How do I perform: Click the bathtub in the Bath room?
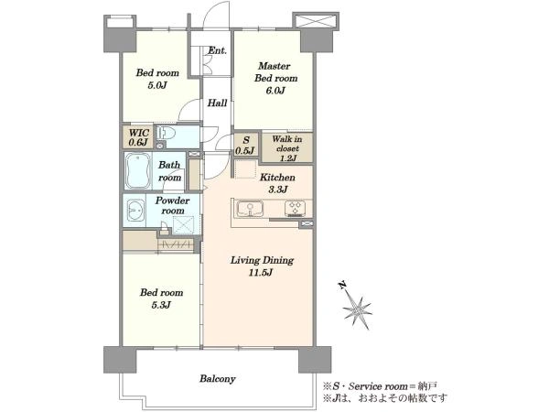point(138,171)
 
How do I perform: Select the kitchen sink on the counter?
point(250,209)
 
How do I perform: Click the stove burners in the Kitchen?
point(295,209)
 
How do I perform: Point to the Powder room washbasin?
point(135,211)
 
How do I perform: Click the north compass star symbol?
point(357,310)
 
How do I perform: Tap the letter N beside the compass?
point(342,285)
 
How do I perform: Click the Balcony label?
point(218,379)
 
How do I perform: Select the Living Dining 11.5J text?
point(262,266)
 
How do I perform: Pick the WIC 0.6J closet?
point(139,137)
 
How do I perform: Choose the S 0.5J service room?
point(246,145)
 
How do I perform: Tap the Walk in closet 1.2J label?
point(287,148)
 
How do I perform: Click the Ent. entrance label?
point(217,50)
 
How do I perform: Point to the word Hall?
point(217,103)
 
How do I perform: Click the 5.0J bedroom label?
point(156,79)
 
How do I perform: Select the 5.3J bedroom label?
point(161,298)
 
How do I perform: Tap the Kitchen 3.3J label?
point(277,183)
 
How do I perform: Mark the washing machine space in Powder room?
point(184,225)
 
